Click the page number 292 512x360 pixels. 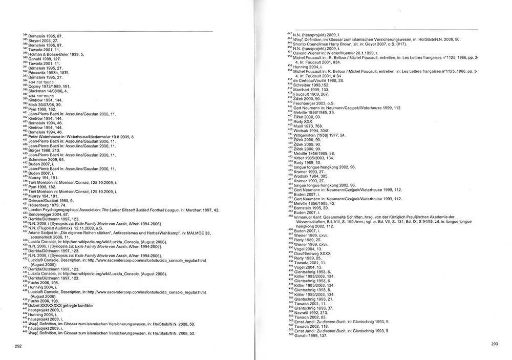click(18, 346)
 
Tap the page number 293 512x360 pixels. click(495, 344)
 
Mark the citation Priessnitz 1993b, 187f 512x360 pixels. click(52, 71)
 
